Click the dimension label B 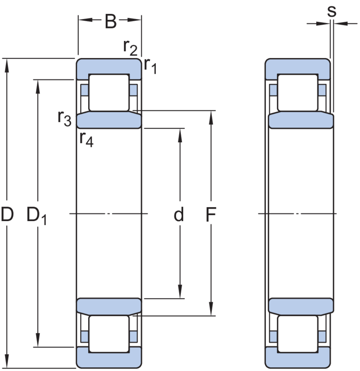click(x=110, y=22)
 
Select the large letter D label click(x=7, y=216)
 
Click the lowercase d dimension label click(x=179, y=216)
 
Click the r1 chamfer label click(x=150, y=66)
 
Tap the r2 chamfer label click(x=130, y=47)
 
